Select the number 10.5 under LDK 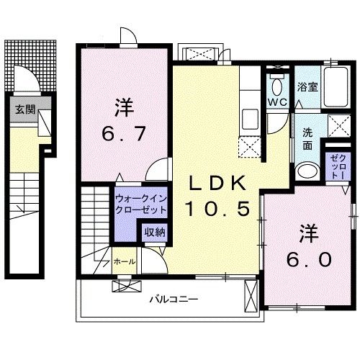[219, 209]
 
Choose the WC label [277, 102]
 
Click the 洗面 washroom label [307, 138]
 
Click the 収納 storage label [153, 232]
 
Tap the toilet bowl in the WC [277, 85]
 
